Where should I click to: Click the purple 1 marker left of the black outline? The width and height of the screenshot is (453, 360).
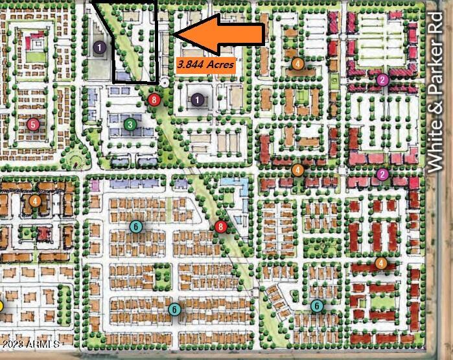[x=99, y=47]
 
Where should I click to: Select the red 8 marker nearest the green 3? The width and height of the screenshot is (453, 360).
[x=154, y=99]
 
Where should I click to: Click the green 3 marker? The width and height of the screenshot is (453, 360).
[x=130, y=124]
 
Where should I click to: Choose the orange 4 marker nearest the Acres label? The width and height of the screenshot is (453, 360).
[x=297, y=64]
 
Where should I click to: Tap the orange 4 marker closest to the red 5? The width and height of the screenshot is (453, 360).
[x=35, y=201]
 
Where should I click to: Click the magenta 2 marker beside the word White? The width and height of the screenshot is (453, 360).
[x=382, y=174]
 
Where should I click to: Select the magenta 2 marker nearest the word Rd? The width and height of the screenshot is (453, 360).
[x=382, y=80]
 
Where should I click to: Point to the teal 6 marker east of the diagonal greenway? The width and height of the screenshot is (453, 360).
[x=317, y=306]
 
